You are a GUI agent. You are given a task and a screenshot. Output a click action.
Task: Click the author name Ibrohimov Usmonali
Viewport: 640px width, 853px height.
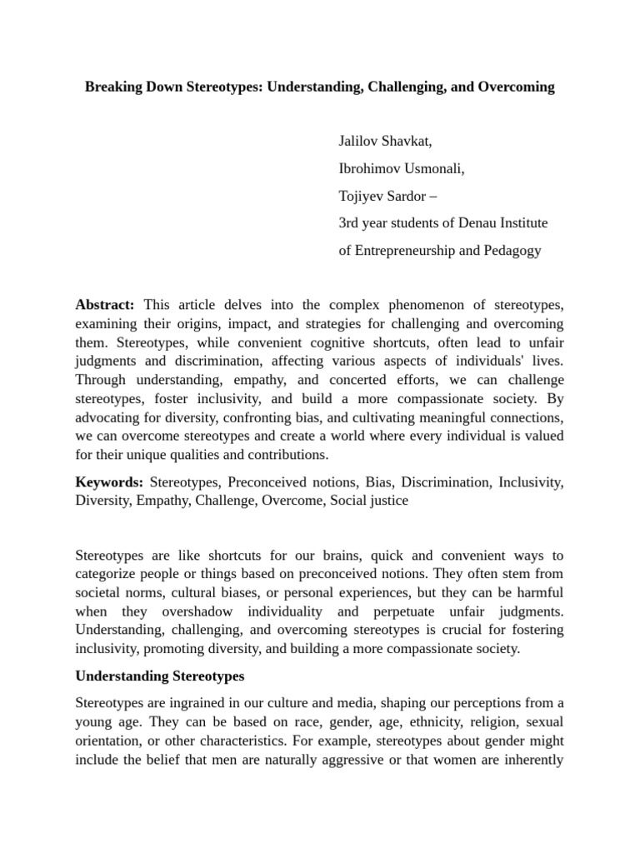pos(401,169)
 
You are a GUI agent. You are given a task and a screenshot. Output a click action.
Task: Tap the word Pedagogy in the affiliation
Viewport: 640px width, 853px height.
pos(508,251)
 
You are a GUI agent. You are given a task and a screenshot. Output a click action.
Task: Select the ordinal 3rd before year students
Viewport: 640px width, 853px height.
pos(351,223)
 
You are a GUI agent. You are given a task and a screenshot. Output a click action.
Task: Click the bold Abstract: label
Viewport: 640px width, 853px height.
pos(105,306)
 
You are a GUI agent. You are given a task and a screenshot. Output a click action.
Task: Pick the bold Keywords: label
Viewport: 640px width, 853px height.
pos(109,482)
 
